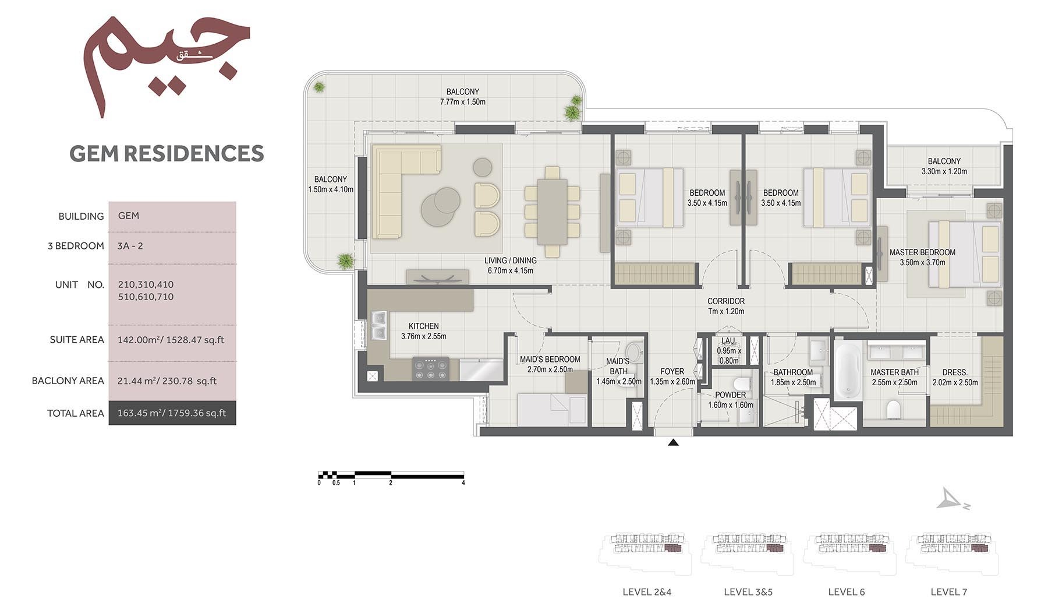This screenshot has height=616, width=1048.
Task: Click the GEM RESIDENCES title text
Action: click(x=167, y=153)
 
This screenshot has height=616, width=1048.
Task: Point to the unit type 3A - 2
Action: click(x=130, y=246)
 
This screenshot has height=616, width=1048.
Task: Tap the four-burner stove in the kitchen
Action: click(x=431, y=368)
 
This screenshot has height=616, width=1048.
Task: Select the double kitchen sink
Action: click(x=378, y=325)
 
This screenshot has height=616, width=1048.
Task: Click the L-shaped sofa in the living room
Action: click(x=396, y=186)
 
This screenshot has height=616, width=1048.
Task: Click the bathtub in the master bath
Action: click(x=847, y=371)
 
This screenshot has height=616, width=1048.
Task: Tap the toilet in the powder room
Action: click(x=742, y=383)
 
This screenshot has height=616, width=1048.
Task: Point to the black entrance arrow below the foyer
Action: click(x=673, y=443)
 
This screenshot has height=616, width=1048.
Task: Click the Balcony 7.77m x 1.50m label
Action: click(x=462, y=97)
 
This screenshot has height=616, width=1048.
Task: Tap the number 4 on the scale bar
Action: click(x=463, y=483)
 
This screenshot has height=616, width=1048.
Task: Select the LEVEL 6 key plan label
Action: click(x=846, y=592)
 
